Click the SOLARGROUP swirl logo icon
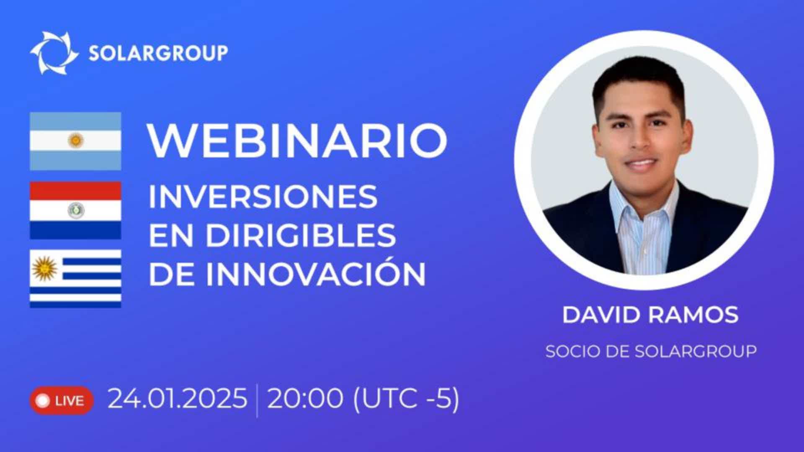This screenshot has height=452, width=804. click(x=54, y=53)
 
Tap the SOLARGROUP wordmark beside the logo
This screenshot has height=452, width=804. click(x=158, y=53)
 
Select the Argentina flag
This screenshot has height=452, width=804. click(x=75, y=141)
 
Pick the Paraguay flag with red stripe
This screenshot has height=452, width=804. click(x=75, y=210)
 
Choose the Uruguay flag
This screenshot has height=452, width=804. click(x=75, y=279)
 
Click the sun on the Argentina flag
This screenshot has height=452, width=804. click(x=76, y=141)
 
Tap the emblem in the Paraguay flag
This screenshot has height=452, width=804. click(x=76, y=210)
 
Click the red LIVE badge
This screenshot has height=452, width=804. click(x=61, y=401)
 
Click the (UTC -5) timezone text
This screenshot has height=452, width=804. click(x=406, y=398)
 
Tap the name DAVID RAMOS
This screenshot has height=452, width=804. click(x=650, y=315)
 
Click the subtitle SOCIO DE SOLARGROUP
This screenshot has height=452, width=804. click(x=651, y=351)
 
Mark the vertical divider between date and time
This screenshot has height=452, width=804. click(x=257, y=401)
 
